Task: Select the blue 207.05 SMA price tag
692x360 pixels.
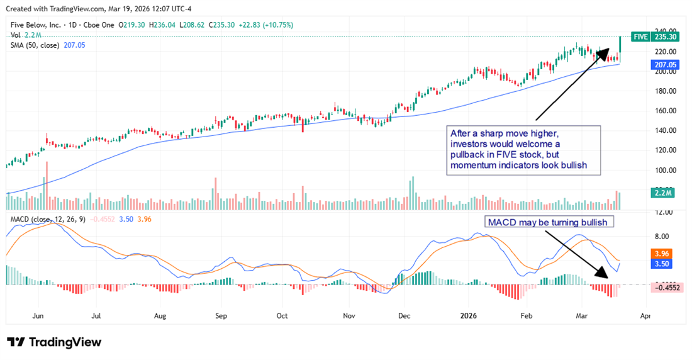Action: pos(665,64)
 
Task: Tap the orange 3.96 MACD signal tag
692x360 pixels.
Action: pos(664,254)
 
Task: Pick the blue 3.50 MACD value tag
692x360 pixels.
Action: pos(664,264)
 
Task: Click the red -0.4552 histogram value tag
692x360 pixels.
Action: pos(667,288)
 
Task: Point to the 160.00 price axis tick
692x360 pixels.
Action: pos(666,111)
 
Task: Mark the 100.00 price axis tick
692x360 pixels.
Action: pos(666,170)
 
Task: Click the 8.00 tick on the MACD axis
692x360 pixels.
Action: pos(662,237)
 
